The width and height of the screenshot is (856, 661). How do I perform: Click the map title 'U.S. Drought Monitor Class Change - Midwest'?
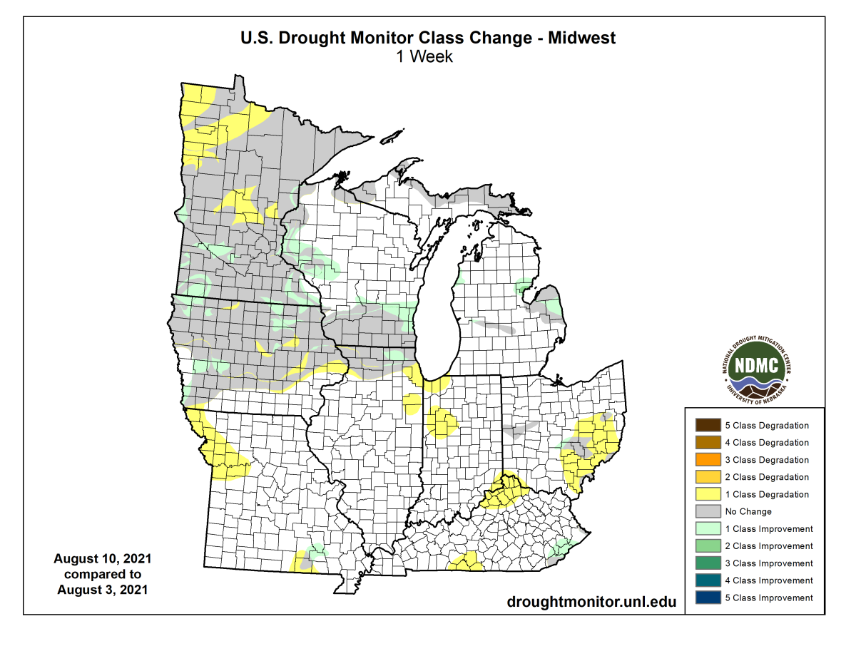(427, 39)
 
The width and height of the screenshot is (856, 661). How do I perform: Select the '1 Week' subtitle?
(425, 56)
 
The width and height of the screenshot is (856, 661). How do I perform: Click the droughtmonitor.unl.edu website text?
(591, 601)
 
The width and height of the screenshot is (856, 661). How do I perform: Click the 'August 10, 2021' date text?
(102, 558)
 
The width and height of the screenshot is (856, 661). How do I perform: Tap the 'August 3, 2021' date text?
(102, 590)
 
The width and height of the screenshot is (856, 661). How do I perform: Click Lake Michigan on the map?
(437, 307)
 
